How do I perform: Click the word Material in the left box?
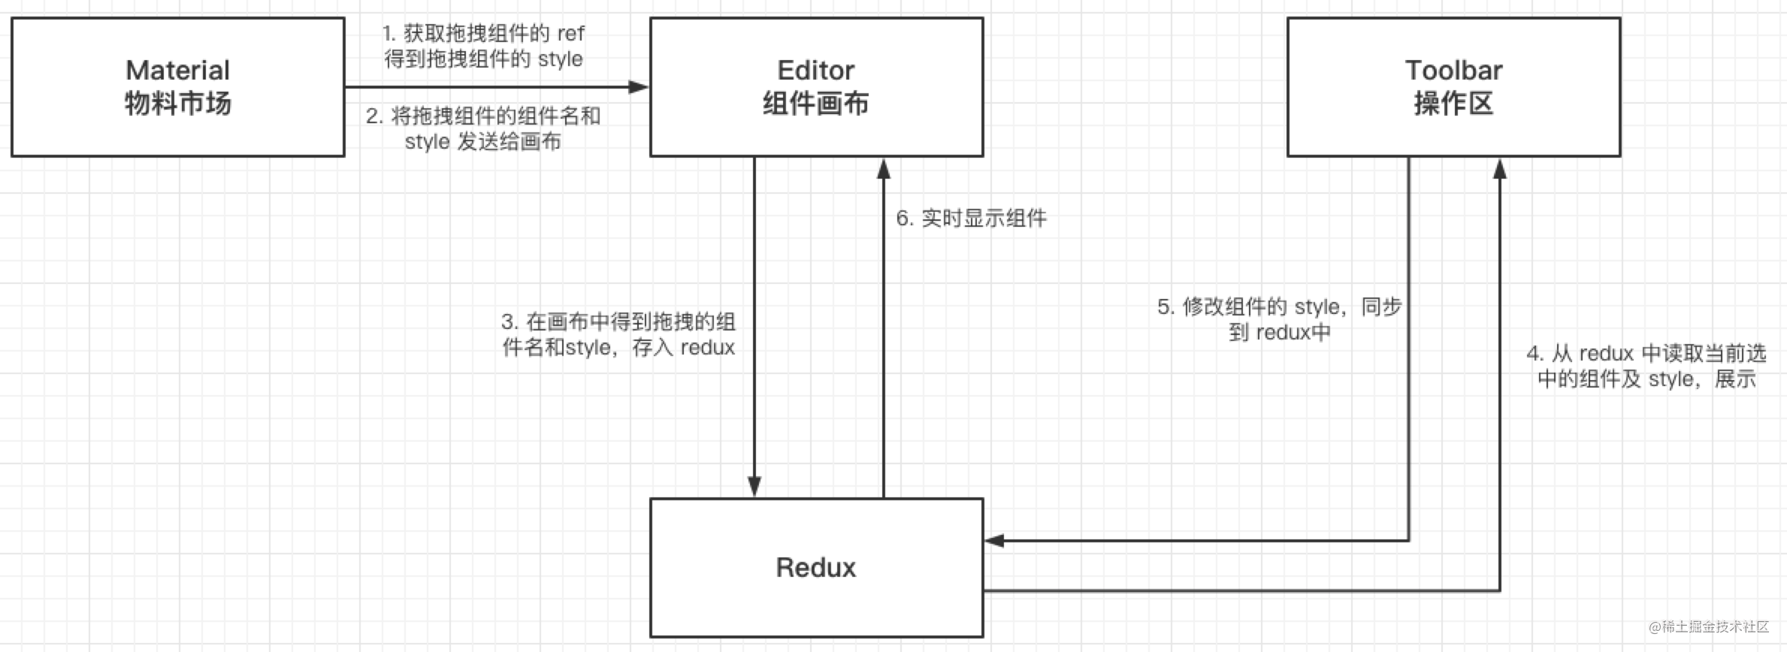tap(177, 71)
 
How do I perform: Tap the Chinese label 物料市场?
tap(177, 104)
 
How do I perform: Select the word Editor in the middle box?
tap(815, 71)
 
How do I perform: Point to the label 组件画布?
tap(815, 104)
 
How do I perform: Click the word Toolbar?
tap(1453, 71)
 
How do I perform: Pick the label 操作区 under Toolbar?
tap(1453, 104)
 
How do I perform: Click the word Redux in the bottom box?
tap(815, 567)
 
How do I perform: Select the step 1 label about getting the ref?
tap(483, 46)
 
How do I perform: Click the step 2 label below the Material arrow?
tap(483, 128)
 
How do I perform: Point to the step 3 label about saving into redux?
tap(618, 334)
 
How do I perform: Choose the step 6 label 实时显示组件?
tap(971, 219)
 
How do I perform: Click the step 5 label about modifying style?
tap(1279, 319)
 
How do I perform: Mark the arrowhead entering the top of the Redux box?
tap(754, 487)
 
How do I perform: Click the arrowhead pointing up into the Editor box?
tap(884, 169)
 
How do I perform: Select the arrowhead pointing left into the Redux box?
tap(995, 540)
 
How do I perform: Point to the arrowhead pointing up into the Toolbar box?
tap(1499, 169)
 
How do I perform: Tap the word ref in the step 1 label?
tap(570, 34)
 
